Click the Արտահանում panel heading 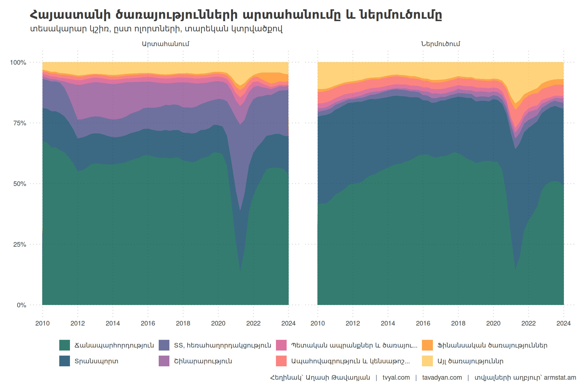coord(165,44)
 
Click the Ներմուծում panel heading coord(441,44)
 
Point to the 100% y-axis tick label coord(18,62)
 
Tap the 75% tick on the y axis coord(20,123)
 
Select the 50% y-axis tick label coord(20,184)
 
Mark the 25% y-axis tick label coord(20,245)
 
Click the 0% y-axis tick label coord(21,305)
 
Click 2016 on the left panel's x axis coord(148,324)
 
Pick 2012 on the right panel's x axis coord(353,324)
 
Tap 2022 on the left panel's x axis coord(253,324)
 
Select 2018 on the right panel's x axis coord(458,324)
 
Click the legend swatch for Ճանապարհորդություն coord(65,345)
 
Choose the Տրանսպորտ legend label coord(96,361)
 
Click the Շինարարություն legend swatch coord(164,361)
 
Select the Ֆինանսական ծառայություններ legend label coord(492,345)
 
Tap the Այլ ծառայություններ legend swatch coord(427,361)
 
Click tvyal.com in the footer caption coord(396,378)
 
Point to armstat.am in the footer coord(560,378)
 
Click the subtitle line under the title coord(156,29)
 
